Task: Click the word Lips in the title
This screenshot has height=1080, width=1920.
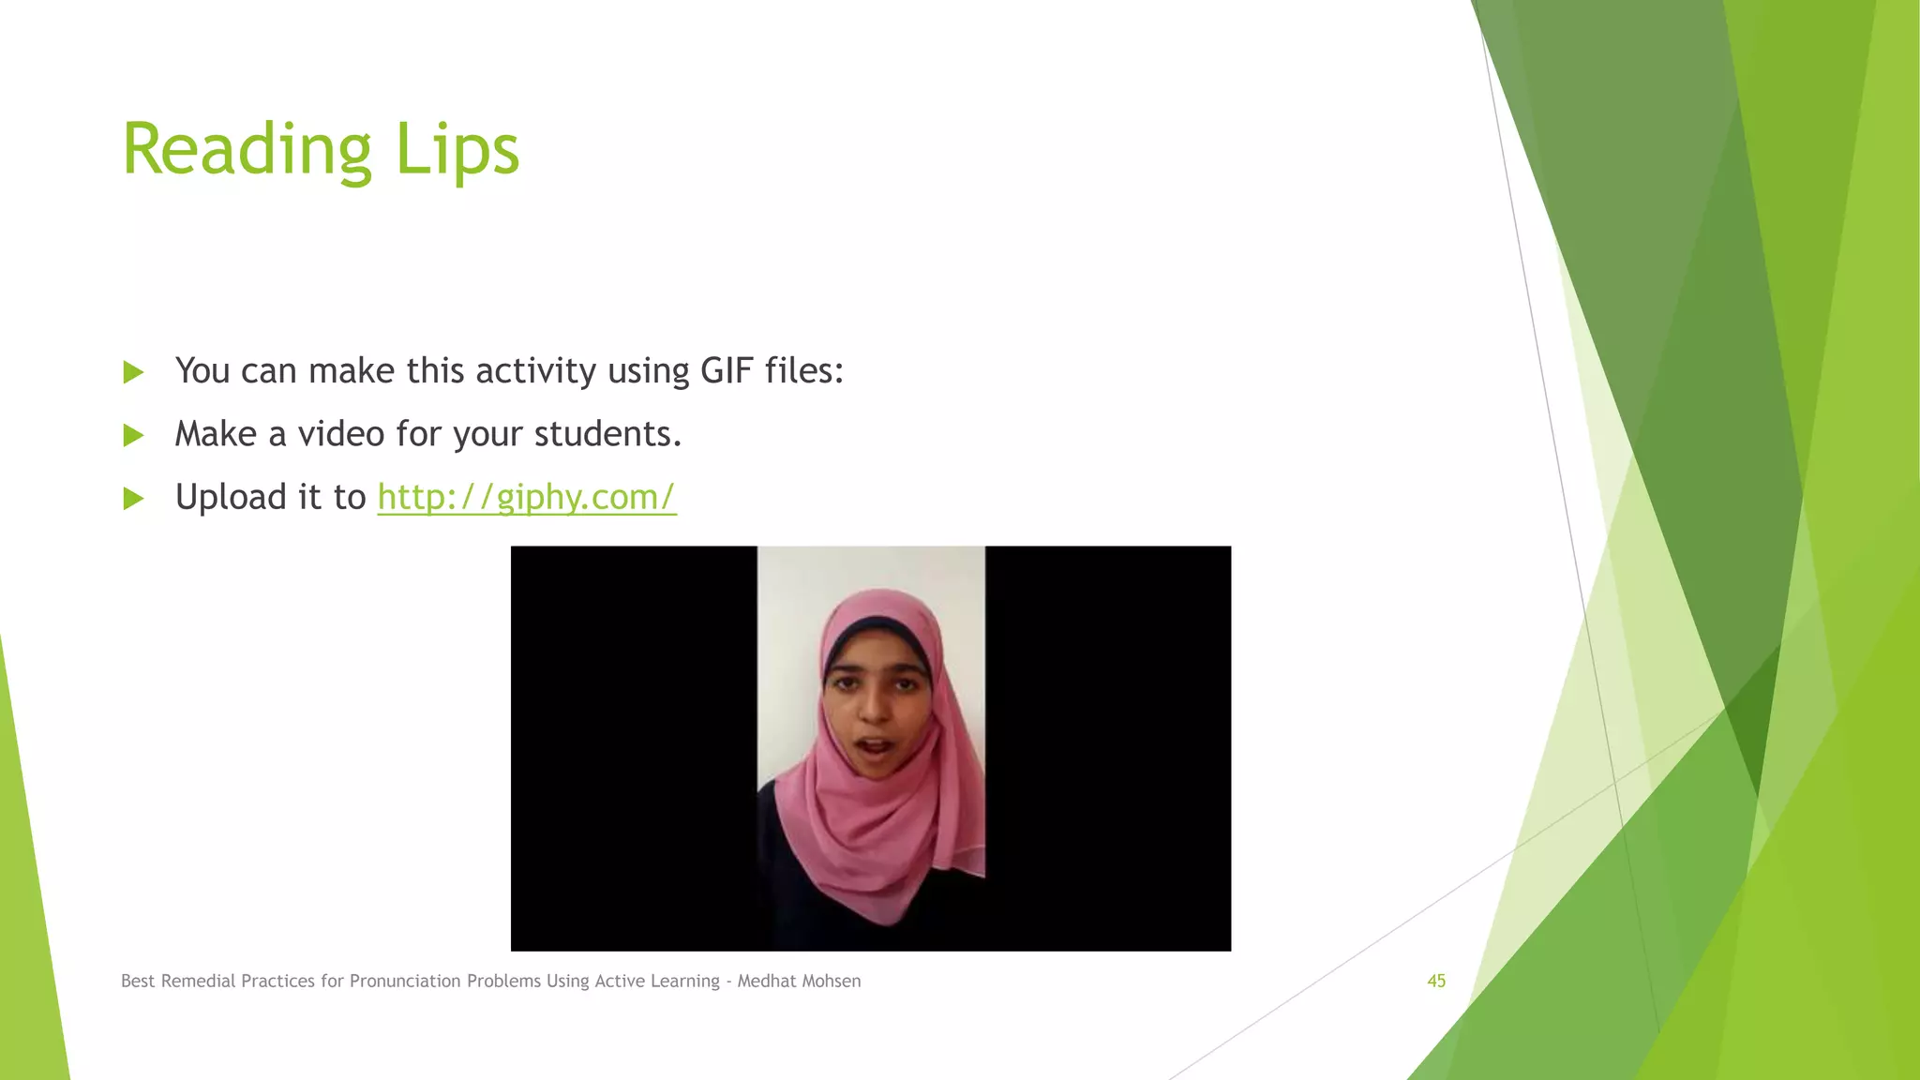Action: click(x=457, y=150)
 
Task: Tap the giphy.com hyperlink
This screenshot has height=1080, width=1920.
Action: click(x=526, y=497)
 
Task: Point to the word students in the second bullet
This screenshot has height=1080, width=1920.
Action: click(x=607, y=434)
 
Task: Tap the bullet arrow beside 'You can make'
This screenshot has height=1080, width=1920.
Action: click(x=133, y=372)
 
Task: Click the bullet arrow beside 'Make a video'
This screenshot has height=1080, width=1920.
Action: click(x=133, y=435)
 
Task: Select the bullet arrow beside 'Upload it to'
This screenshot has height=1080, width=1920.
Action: click(x=133, y=498)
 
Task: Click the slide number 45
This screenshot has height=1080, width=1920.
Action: click(x=1436, y=981)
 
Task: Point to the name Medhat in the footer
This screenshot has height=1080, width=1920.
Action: click(x=764, y=981)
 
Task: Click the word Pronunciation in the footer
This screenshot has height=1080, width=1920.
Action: click(x=406, y=982)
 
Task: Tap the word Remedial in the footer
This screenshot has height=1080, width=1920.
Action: click(x=198, y=981)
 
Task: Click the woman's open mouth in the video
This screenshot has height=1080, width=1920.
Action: click(x=876, y=748)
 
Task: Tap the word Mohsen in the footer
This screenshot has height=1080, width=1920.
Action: click(x=831, y=981)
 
